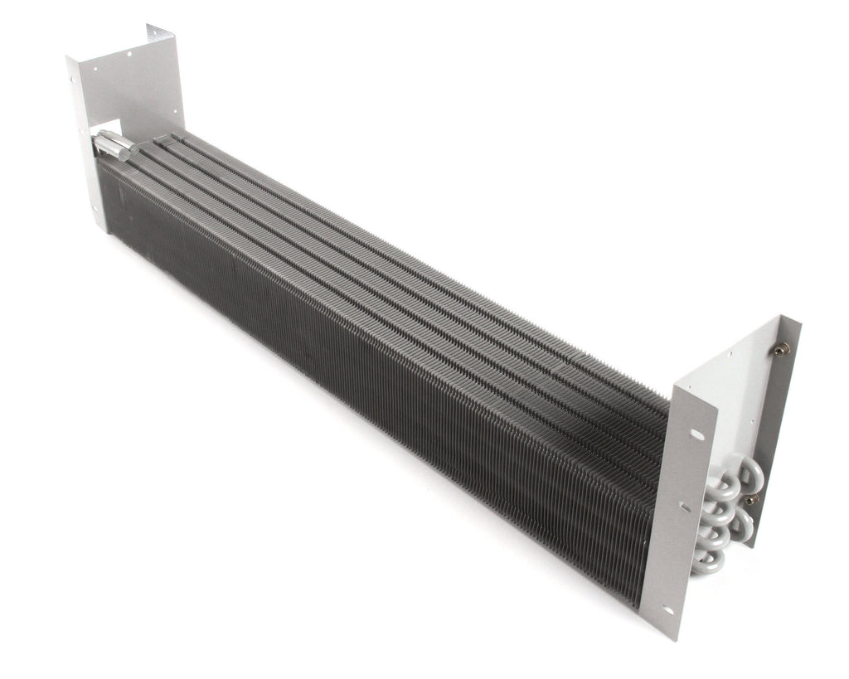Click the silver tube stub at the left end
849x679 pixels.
point(113,146)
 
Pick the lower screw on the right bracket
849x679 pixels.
point(750,500)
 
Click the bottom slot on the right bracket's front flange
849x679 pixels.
point(668,611)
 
